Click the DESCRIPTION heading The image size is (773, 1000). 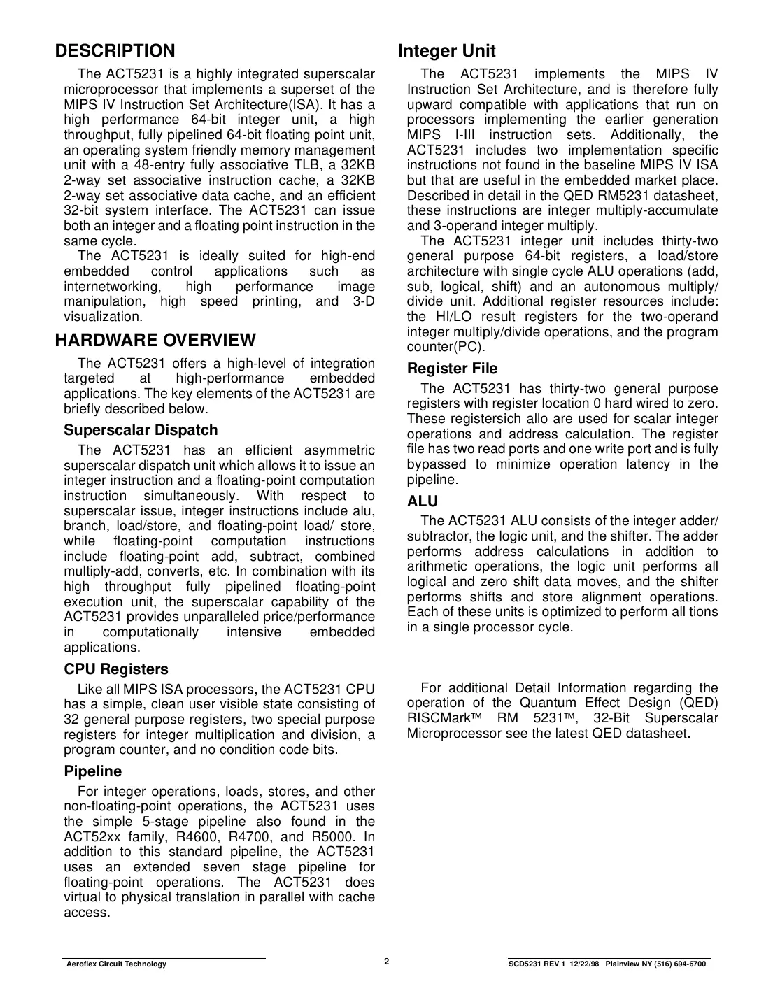[115, 51]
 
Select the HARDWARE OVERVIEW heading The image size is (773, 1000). [155, 341]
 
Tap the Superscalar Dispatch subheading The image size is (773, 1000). [141, 430]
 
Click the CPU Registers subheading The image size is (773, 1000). [116, 669]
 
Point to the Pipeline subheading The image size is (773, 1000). [92, 771]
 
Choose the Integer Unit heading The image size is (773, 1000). [446, 51]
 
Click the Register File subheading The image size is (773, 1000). [452, 369]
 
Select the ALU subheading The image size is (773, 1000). [423, 501]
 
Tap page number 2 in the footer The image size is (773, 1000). [386, 961]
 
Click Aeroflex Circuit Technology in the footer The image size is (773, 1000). [116, 964]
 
